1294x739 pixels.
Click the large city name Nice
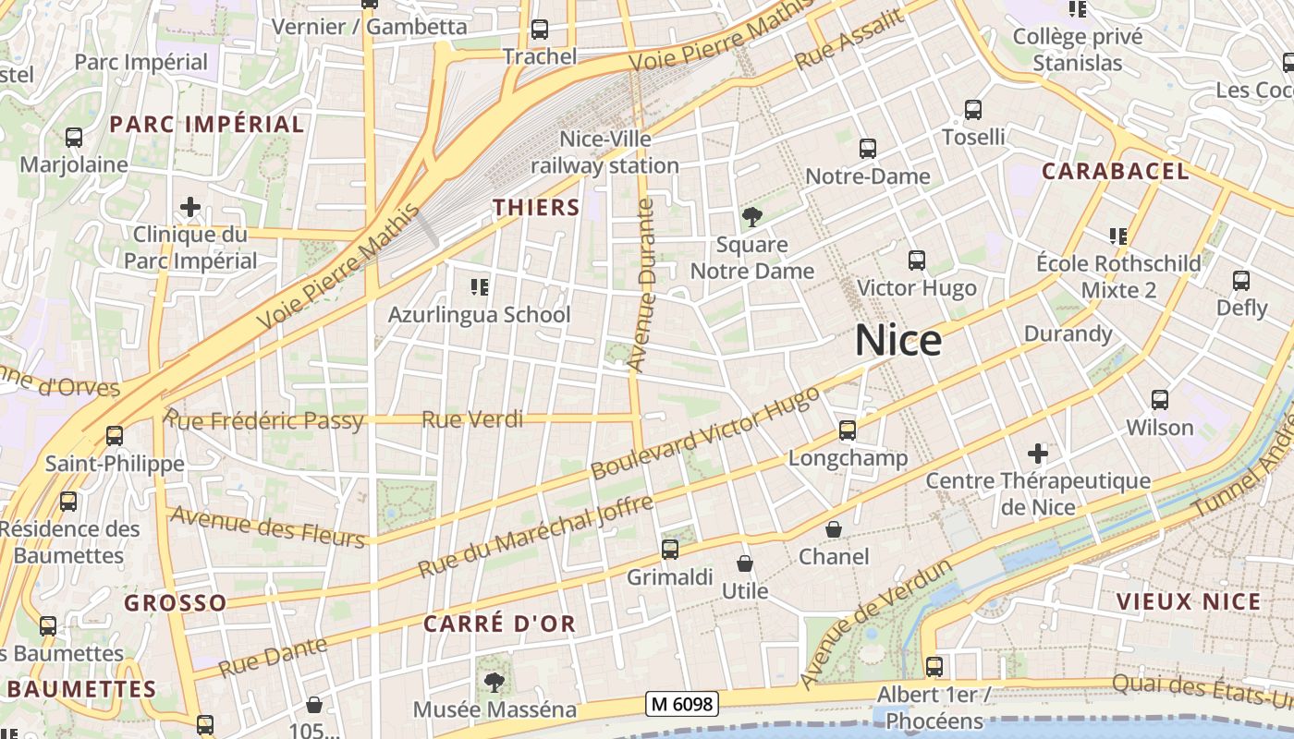click(897, 341)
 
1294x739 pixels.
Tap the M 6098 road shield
click(682, 704)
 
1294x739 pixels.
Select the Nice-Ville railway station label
click(604, 152)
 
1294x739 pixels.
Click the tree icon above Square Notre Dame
click(752, 218)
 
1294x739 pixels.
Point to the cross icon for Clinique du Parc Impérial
click(190, 207)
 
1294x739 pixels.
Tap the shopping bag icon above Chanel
click(834, 529)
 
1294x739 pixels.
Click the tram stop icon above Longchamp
click(848, 430)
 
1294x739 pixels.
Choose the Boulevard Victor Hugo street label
click(705, 431)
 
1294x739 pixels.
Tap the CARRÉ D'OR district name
click(499, 624)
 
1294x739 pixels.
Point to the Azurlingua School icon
click(479, 287)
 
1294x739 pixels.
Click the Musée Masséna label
click(494, 709)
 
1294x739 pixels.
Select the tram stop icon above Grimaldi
click(670, 550)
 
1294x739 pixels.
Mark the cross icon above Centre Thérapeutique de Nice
click(1038, 454)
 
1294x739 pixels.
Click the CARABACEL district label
click(1115, 171)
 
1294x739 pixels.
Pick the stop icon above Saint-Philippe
click(115, 436)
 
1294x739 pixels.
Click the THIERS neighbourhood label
click(536, 208)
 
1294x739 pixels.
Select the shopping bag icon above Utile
click(745, 563)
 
